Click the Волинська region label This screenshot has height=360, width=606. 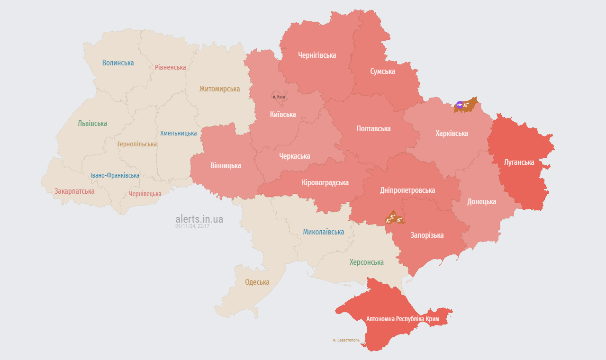(118, 63)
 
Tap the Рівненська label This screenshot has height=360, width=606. (170, 67)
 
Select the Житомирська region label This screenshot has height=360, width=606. (219, 89)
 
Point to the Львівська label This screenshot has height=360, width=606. (92, 123)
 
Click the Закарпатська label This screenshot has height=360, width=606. (74, 191)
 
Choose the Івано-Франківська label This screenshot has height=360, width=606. (115, 175)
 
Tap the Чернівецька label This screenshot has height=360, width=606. (145, 194)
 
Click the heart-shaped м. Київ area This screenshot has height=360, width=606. (279, 96)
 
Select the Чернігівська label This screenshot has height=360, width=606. (317, 55)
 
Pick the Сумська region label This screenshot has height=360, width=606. (382, 71)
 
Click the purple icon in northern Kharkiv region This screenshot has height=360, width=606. (460, 105)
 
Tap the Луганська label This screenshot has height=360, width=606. (519, 162)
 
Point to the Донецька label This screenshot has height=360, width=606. (481, 201)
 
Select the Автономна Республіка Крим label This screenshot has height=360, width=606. (402, 319)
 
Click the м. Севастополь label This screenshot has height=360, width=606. (346, 340)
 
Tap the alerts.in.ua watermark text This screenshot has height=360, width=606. (199, 219)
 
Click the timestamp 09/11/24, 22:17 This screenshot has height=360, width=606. (192, 226)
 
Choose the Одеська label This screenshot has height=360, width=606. (257, 282)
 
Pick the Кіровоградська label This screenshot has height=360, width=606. (325, 182)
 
